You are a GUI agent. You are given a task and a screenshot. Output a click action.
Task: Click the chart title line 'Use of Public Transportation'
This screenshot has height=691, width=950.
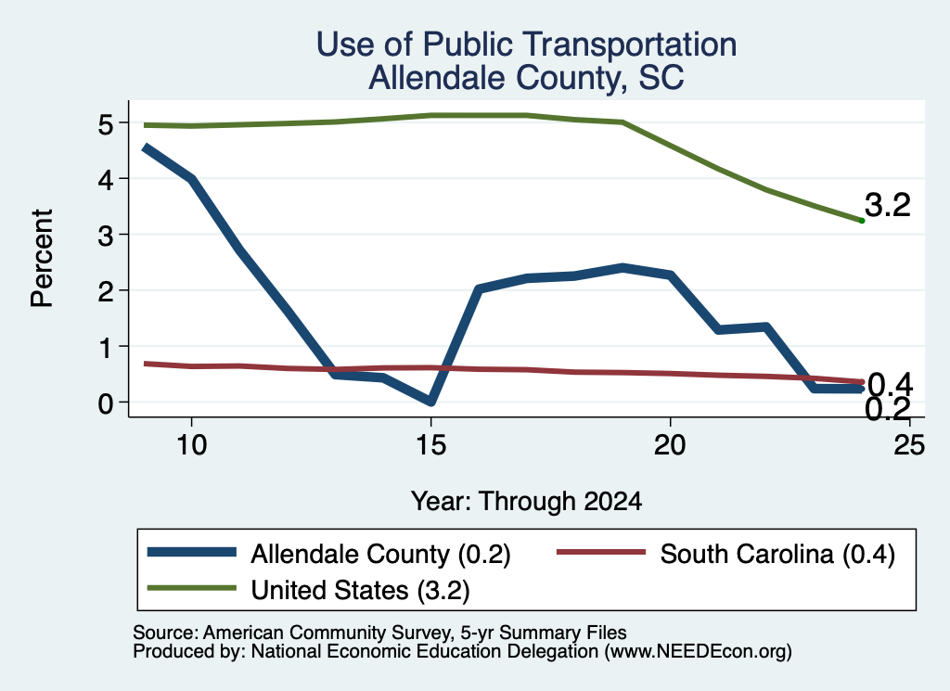(526, 45)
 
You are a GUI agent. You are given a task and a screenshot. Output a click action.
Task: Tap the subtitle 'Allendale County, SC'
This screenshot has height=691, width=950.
(526, 78)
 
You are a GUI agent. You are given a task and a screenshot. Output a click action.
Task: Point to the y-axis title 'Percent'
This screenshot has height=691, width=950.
(43, 258)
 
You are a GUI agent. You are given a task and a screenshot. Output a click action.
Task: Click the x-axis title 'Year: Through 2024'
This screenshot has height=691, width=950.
(526, 502)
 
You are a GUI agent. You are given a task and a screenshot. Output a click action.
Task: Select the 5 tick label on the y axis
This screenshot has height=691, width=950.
(106, 124)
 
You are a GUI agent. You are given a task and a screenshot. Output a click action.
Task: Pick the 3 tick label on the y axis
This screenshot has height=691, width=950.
(106, 236)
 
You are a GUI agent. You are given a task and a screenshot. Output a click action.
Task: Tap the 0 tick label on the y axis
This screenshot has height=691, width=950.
(106, 403)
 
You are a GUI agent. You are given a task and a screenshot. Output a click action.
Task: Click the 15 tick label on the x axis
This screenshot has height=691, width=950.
(430, 446)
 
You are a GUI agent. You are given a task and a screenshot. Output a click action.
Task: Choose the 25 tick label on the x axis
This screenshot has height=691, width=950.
(909, 446)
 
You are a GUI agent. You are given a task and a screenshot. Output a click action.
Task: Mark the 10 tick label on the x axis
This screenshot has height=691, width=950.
(191, 446)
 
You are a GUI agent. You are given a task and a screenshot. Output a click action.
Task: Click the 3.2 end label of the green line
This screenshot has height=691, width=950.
(888, 205)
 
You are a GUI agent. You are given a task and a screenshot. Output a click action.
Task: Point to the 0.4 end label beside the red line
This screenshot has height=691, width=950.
(890, 384)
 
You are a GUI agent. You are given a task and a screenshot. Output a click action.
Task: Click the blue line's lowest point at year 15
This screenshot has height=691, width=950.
(430, 401)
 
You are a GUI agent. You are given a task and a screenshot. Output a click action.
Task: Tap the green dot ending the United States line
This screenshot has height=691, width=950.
(862, 221)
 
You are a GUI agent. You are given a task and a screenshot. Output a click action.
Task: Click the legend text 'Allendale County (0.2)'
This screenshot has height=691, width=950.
(380, 554)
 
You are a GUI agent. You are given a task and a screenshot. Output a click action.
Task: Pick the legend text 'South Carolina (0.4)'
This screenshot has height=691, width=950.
(777, 554)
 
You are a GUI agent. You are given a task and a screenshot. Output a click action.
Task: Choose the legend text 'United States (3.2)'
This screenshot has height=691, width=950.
(361, 591)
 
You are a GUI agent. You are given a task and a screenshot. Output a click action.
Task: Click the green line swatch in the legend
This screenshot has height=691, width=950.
(191, 588)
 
